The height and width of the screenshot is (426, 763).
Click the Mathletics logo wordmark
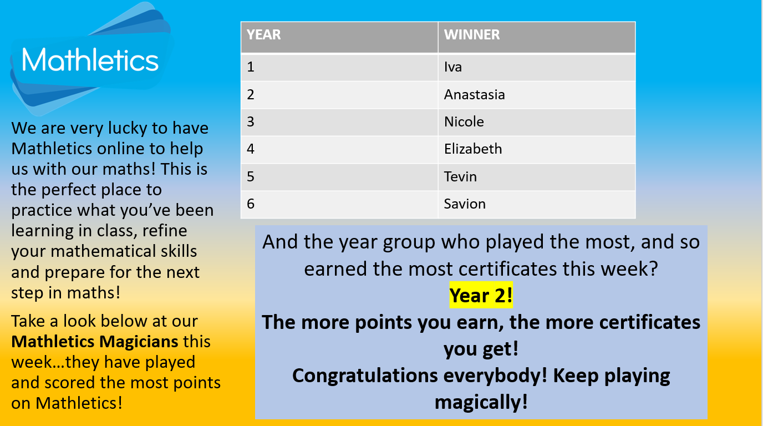click(x=90, y=60)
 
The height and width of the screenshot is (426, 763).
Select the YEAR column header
click(x=263, y=34)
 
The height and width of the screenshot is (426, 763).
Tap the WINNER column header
click(x=472, y=34)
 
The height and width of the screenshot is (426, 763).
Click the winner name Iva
click(x=452, y=67)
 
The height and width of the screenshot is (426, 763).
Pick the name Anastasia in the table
click(x=474, y=94)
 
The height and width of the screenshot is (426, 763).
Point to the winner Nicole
click(x=464, y=121)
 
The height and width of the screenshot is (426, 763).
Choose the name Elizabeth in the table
click(x=473, y=149)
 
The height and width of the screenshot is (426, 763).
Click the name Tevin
click(x=460, y=176)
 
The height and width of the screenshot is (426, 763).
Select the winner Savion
click(x=465, y=204)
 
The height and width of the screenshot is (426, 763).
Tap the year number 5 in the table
click(x=251, y=176)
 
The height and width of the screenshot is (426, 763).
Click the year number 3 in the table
click(x=251, y=121)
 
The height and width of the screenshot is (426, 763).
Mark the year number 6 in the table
click(x=251, y=204)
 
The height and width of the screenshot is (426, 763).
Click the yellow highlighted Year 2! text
click(x=481, y=295)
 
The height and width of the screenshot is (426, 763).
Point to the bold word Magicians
click(x=139, y=342)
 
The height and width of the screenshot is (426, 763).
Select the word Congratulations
click(x=365, y=376)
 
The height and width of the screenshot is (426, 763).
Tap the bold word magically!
click(x=481, y=402)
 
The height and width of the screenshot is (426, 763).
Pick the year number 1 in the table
click(x=251, y=67)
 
